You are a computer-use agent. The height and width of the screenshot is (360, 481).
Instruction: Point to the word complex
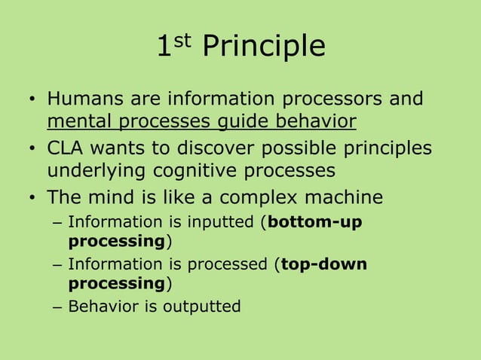click(266, 197)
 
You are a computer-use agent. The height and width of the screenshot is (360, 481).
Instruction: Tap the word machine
click(344, 197)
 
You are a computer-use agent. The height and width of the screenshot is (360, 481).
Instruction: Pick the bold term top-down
click(323, 265)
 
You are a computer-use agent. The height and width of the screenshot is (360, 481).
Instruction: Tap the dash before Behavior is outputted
click(59, 307)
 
